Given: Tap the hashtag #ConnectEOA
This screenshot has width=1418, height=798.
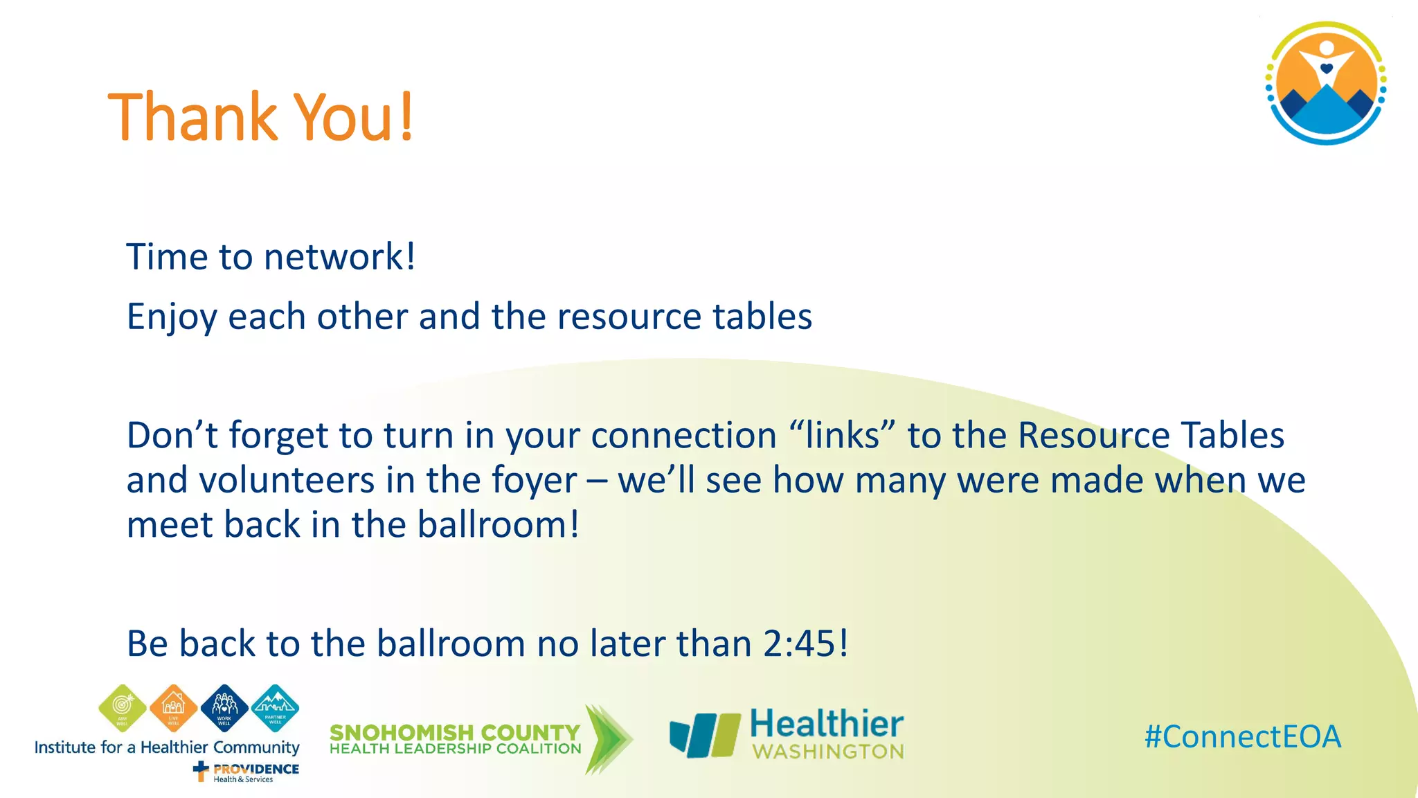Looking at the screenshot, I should click(x=1243, y=736).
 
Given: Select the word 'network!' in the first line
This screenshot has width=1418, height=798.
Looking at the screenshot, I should click(x=340, y=257).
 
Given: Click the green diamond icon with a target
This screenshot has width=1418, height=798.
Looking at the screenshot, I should click(x=123, y=707).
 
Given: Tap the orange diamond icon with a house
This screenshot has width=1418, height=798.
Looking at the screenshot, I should click(x=173, y=707).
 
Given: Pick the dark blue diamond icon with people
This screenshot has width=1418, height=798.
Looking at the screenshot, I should click(x=224, y=707).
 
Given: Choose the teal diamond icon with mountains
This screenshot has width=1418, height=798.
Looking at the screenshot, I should click(x=276, y=707).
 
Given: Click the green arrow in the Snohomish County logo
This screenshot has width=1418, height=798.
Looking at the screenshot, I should click(x=607, y=739).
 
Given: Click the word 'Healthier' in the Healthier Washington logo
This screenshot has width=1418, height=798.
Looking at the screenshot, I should click(x=827, y=724).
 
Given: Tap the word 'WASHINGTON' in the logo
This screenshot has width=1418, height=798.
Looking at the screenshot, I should click(x=828, y=752).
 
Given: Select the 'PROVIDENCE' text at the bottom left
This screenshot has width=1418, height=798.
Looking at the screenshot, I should click(x=255, y=769).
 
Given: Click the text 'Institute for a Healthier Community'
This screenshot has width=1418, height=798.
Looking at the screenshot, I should click(x=167, y=747).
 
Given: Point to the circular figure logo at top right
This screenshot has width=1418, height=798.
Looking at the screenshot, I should click(x=1325, y=83).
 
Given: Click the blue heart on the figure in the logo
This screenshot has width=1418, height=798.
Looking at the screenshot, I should click(x=1326, y=69).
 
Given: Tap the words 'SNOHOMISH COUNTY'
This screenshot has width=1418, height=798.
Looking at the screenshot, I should click(x=454, y=732).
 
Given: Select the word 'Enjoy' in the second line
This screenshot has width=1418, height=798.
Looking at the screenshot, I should click(x=171, y=317).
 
